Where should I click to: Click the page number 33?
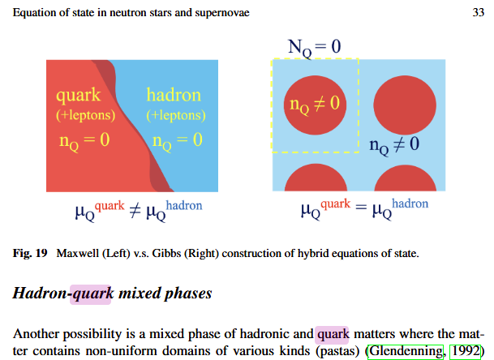click(477, 12)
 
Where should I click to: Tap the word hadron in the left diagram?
click(173, 96)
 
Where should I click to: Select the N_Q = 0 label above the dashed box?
click(315, 46)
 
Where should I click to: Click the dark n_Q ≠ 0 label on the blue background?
click(393, 146)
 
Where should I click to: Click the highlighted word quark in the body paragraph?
click(332, 332)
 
